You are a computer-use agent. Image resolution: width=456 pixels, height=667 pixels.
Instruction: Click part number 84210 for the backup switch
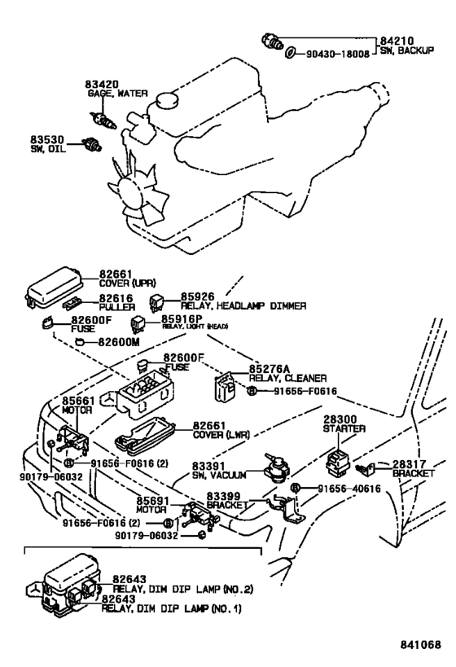click(x=397, y=41)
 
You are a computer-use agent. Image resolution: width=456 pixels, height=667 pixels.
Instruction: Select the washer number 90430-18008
click(x=338, y=54)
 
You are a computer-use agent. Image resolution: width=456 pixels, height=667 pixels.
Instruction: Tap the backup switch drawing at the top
click(x=272, y=41)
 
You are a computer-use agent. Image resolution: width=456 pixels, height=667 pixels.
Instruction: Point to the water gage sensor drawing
click(x=103, y=121)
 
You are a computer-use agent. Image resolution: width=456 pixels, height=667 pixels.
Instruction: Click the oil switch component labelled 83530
click(x=91, y=145)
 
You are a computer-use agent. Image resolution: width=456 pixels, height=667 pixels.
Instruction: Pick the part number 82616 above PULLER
click(x=116, y=298)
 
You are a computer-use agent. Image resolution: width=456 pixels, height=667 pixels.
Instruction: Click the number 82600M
click(x=119, y=341)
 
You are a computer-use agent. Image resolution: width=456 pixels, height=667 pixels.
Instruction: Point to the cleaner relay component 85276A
click(x=225, y=386)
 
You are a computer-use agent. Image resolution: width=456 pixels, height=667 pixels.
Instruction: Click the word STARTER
click(x=344, y=428)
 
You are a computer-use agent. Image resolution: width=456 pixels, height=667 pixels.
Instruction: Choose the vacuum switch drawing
click(x=276, y=468)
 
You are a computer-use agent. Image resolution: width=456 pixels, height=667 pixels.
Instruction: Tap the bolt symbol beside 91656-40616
click(x=296, y=488)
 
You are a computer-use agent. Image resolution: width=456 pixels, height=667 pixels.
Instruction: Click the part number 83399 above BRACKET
click(x=224, y=496)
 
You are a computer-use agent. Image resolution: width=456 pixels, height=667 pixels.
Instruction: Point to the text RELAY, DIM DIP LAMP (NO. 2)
click(x=183, y=589)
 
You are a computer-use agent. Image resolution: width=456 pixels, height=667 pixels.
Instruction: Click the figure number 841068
click(x=420, y=644)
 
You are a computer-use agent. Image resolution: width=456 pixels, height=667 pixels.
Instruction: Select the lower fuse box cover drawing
click(x=145, y=434)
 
